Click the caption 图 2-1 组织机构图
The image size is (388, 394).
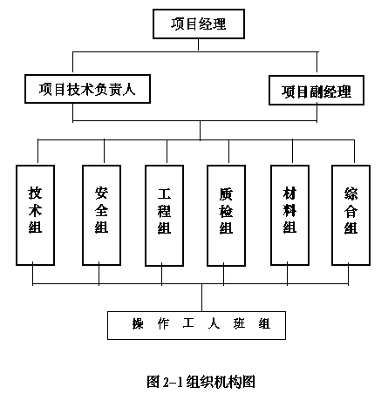[201, 382]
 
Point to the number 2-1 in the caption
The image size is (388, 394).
[173, 382]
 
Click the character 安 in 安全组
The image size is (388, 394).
[101, 193]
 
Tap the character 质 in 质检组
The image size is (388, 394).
[226, 194]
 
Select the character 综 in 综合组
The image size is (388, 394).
[351, 194]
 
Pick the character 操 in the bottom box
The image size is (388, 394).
[138, 323]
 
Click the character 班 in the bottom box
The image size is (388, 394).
[239, 323]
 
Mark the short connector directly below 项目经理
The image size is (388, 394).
[199, 44]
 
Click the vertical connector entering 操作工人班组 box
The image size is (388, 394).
[202, 298]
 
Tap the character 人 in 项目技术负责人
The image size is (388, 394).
[128, 89]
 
